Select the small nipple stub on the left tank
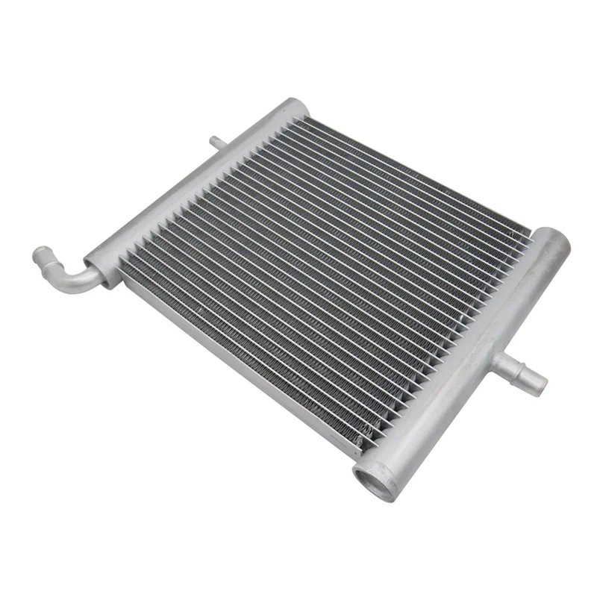[x=216, y=140]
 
